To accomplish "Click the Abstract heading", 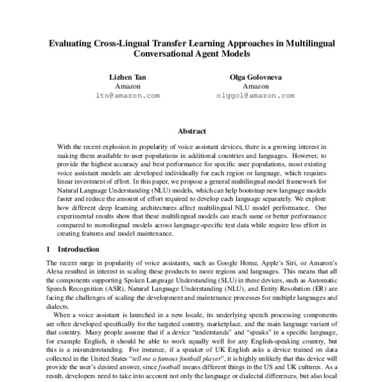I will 191,131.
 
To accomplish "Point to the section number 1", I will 49,249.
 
